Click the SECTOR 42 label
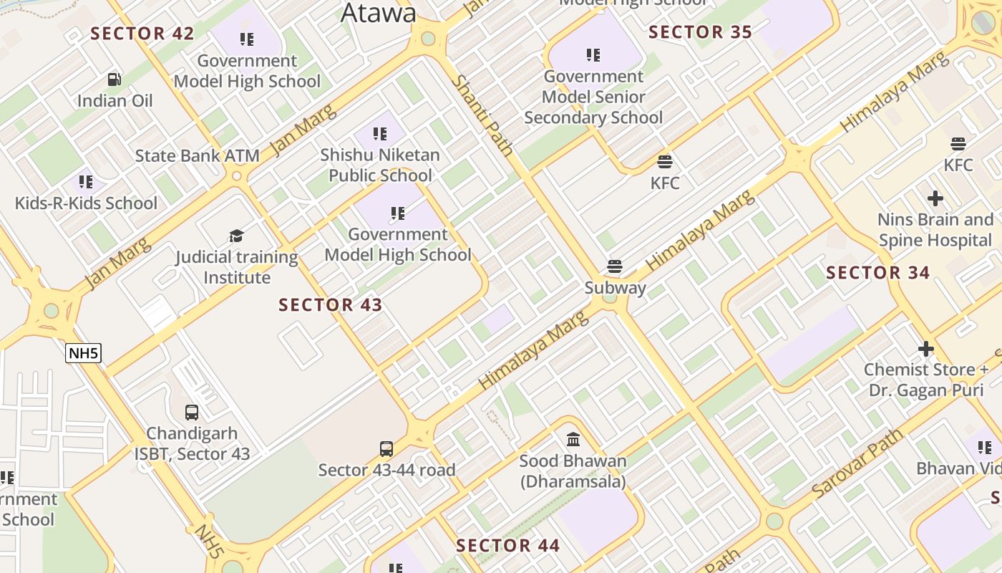pyautogui.click(x=142, y=34)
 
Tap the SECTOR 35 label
pyautogui.click(x=700, y=32)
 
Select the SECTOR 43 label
pyautogui.click(x=330, y=305)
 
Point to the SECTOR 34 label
pyautogui.click(x=877, y=273)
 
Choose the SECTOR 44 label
pyautogui.click(x=507, y=546)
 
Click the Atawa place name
pyautogui.click(x=378, y=13)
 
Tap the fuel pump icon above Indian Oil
pyautogui.click(x=115, y=79)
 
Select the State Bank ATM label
pyautogui.click(x=187, y=155)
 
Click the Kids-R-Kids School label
pyautogui.click(x=86, y=203)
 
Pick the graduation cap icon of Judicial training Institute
pyautogui.click(x=236, y=236)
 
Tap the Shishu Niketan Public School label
pyautogui.click(x=380, y=165)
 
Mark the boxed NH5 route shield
pyautogui.click(x=83, y=352)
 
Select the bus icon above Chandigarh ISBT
pyautogui.click(x=192, y=412)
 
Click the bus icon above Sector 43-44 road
pyautogui.click(x=386, y=449)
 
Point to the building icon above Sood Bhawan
pyautogui.click(x=573, y=439)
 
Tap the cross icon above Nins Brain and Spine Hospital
pyautogui.click(x=935, y=198)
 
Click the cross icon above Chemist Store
pyautogui.click(x=925, y=349)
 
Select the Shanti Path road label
pyautogui.click(x=484, y=116)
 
